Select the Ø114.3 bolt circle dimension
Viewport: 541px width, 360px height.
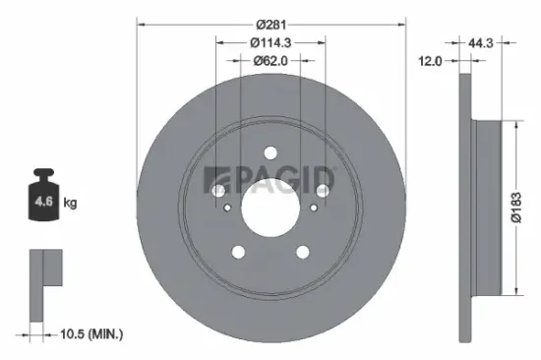271,42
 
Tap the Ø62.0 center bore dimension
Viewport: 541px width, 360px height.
271,60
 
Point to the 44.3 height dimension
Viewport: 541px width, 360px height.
479,42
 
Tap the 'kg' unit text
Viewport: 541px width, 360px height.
70,203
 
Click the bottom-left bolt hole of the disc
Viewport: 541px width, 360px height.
238,252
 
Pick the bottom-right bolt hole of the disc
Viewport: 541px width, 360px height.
304,252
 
